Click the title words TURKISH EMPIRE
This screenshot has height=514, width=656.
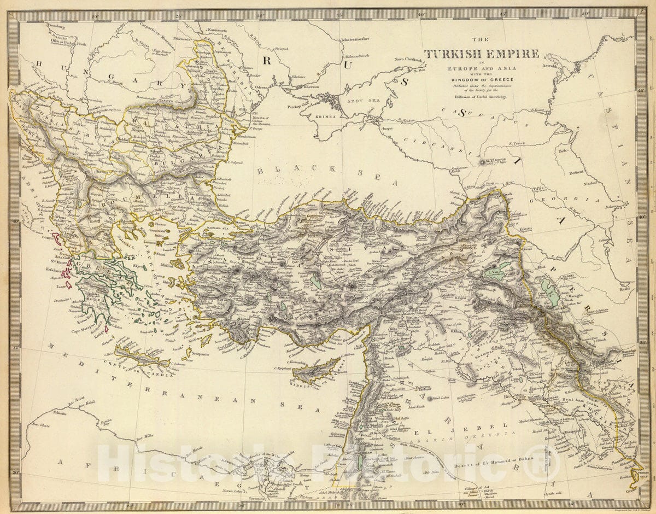tap(482, 54)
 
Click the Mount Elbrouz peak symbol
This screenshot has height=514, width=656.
tap(481, 162)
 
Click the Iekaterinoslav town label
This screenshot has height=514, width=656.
tap(359, 40)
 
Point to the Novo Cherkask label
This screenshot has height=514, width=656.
tap(408, 59)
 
